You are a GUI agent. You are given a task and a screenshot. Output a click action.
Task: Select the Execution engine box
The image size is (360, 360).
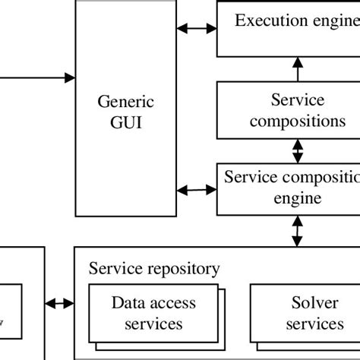pyautogui.click(x=289, y=29)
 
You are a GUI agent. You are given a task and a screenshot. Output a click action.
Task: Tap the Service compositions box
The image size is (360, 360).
pyautogui.click(x=289, y=110)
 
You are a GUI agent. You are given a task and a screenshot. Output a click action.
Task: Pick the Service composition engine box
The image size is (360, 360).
pyautogui.click(x=289, y=188)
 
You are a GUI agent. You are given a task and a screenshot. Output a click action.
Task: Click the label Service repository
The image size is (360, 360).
pyautogui.click(x=154, y=268)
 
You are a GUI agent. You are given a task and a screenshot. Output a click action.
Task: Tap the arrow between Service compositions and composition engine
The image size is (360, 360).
pyautogui.click(x=297, y=151)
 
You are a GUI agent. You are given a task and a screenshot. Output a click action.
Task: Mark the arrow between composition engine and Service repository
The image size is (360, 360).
pyautogui.click(x=297, y=230)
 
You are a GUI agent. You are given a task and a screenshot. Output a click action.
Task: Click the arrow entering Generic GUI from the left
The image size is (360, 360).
pyautogui.click(x=38, y=77)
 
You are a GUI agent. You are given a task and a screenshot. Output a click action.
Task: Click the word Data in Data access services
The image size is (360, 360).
pyautogui.click(x=128, y=304)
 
